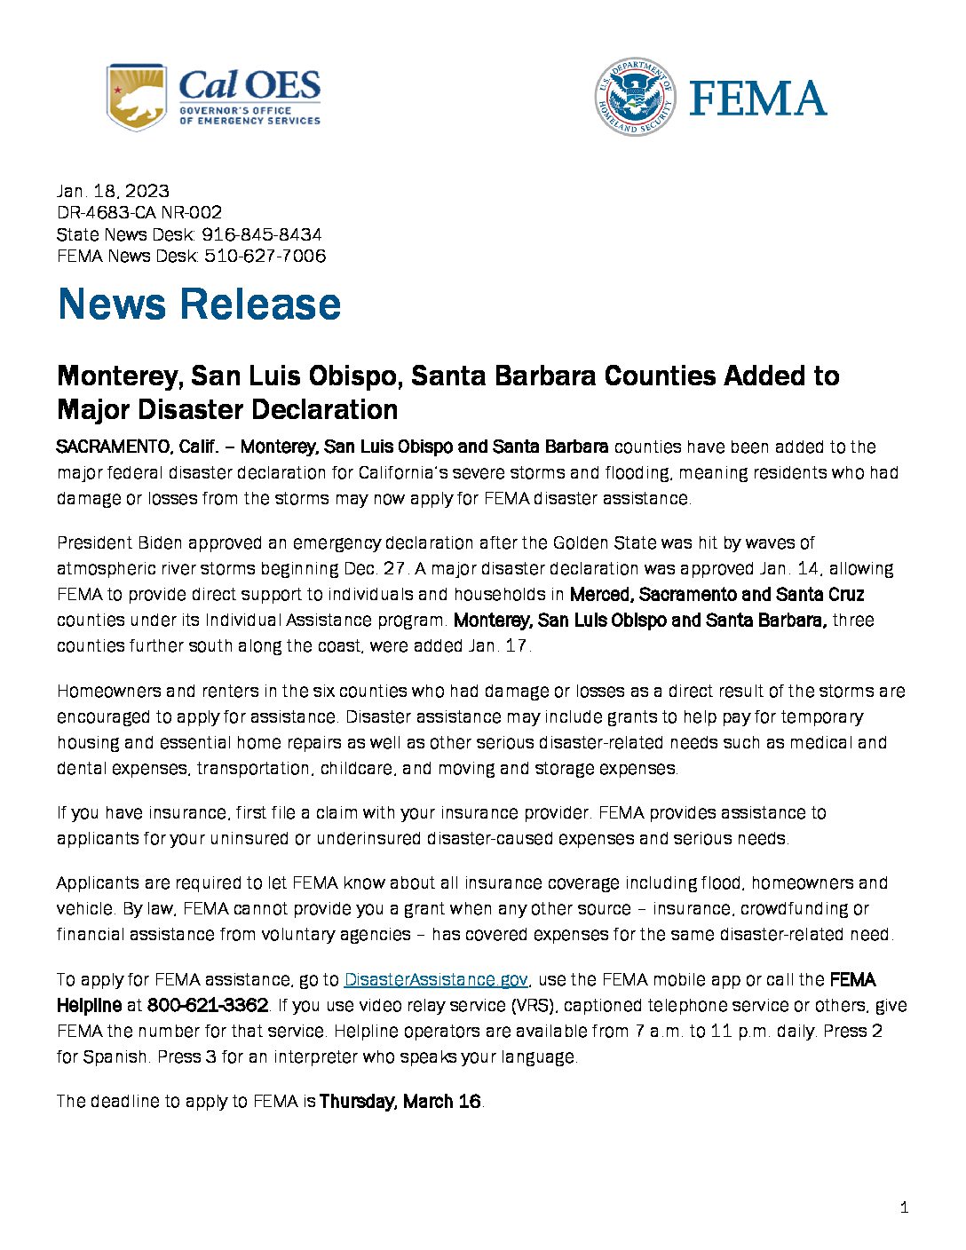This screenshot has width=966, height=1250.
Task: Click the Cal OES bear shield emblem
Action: tap(136, 97)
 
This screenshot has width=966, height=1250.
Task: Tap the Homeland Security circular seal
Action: tap(635, 97)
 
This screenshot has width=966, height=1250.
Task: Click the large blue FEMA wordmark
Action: tap(757, 98)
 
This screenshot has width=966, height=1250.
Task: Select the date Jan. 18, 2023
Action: tap(113, 191)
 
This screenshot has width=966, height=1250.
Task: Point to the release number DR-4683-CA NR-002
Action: tap(139, 212)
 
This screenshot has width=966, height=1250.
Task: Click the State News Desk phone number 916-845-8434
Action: tap(262, 234)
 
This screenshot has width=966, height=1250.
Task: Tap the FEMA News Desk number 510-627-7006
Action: tap(265, 256)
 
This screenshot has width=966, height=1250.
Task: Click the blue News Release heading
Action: tap(199, 304)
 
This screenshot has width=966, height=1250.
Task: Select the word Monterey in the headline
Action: tap(118, 376)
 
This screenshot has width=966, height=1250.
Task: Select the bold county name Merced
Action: tap(599, 594)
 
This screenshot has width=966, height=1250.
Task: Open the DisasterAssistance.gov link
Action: tap(436, 979)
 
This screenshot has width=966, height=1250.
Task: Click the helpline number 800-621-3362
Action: tap(208, 1005)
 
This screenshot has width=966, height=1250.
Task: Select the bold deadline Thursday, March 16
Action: tap(400, 1102)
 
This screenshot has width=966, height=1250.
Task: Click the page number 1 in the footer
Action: tap(904, 1207)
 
